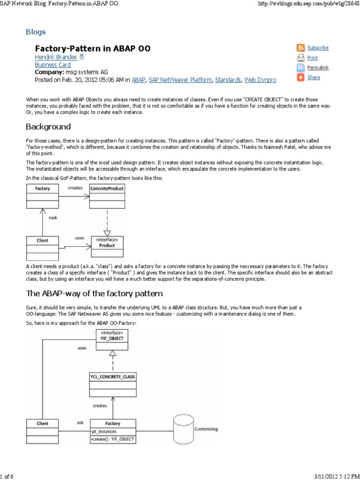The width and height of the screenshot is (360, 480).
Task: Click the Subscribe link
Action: coord(318,48)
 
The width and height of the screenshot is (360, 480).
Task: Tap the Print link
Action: coord(312,58)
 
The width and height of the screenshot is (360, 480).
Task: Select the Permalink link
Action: coord(318,68)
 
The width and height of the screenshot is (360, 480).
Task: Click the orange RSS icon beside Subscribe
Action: coord(300,48)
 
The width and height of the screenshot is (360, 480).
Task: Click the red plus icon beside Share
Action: coord(300,78)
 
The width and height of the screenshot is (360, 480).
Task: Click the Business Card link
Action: coord(52,65)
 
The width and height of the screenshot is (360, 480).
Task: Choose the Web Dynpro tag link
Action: coord(260,80)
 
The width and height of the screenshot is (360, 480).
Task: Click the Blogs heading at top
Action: coord(36,32)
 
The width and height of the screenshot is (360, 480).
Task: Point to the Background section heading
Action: coord(48,127)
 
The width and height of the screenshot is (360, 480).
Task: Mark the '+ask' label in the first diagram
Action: coord(52,218)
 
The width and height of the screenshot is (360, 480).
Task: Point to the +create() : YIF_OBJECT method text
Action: coord(113,439)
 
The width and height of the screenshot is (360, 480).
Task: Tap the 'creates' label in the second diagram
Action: coord(99,405)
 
